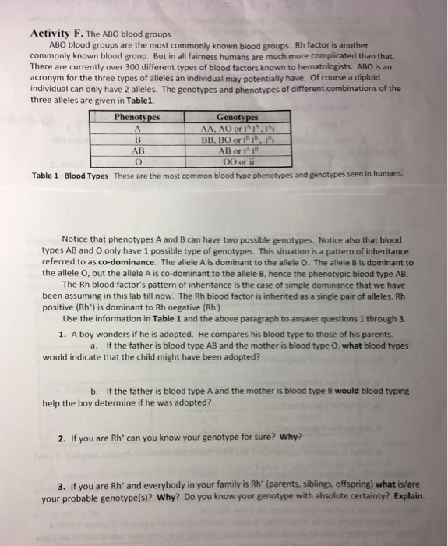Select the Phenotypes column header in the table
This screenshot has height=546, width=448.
tap(136, 116)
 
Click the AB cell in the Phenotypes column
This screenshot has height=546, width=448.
tap(136, 151)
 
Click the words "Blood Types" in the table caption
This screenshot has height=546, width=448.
tap(86, 177)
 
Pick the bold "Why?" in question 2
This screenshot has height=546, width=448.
tap(289, 436)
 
